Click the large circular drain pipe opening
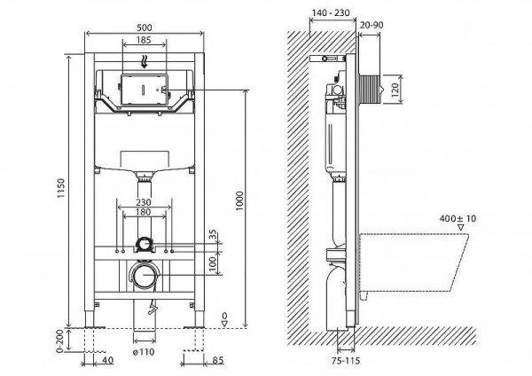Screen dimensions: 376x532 point(144,277)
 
